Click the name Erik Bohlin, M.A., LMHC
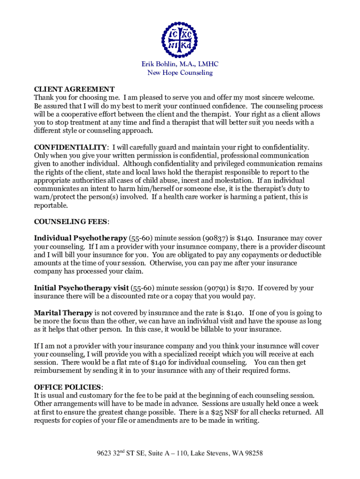click(180, 64)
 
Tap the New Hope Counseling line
click(180, 73)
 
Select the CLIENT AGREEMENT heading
click(74, 89)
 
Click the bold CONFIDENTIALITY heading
click(71, 147)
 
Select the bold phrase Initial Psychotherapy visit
click(81, 288)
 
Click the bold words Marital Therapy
click(64, 313)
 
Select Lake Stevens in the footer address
click(196, 453)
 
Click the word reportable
click(50, 205)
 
